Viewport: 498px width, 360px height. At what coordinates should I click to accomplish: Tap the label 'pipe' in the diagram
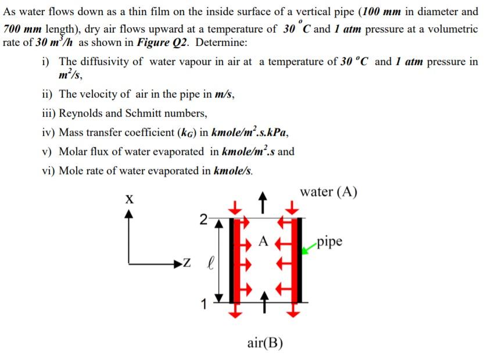[x=329, y=241]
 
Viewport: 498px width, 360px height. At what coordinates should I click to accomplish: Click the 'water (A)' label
[x=328, y=192]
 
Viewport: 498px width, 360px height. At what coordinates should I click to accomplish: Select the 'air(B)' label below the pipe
[x=265, y=343]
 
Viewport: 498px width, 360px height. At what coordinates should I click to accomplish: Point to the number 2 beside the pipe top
[x=203, y=219]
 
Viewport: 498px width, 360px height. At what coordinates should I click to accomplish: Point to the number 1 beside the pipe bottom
[x=203, y=303]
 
